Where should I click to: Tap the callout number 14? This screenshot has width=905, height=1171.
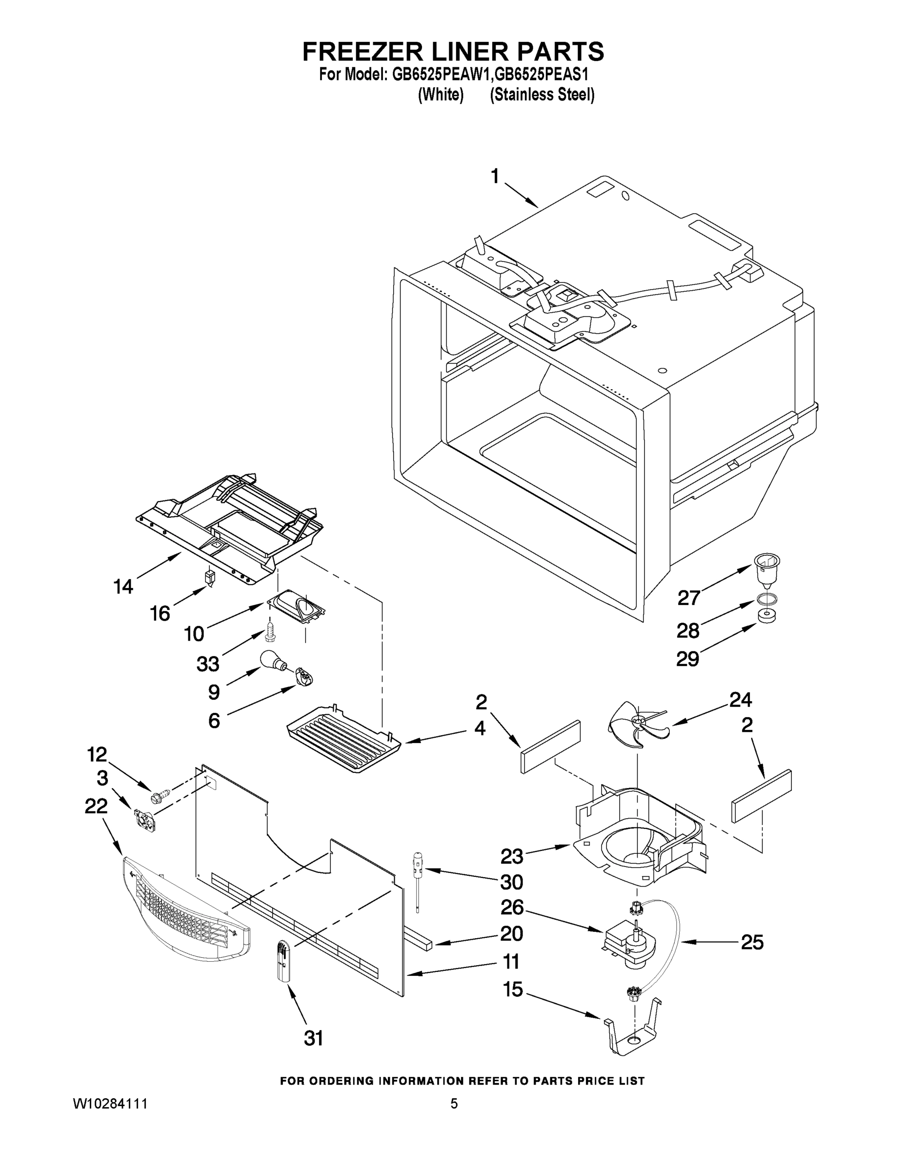pyautogui.click(x=123, y=586)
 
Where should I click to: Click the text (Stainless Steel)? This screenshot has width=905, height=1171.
pyautogui.click(x=542, y=95)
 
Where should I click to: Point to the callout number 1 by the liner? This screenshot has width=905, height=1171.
pyautogui.click(x=494, y=176)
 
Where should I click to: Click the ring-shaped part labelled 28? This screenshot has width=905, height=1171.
pyautogui.click(x=766, y=599)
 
